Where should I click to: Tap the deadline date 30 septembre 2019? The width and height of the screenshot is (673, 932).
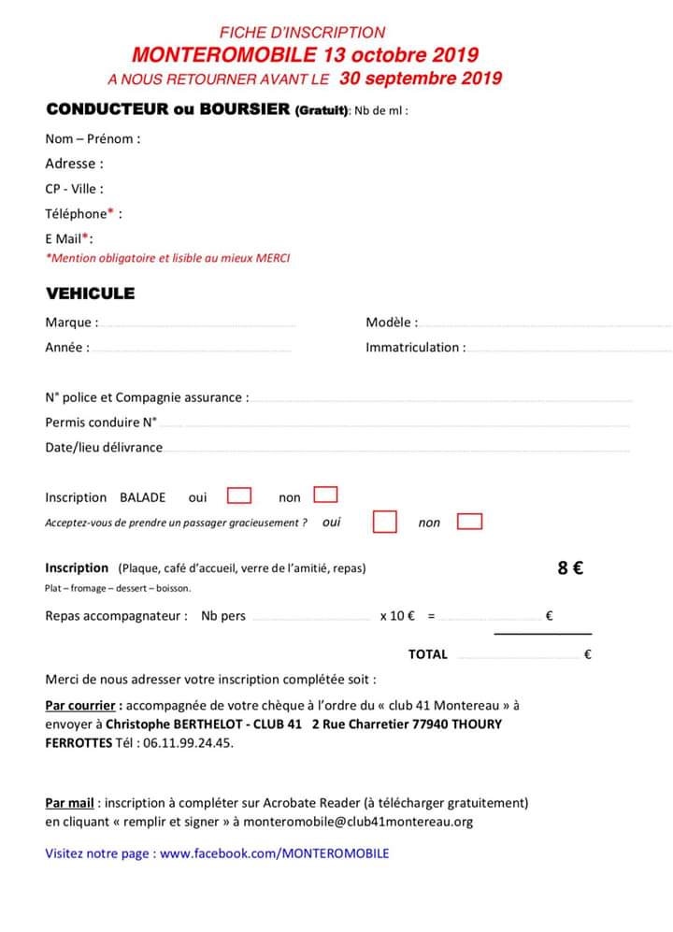[x=421, y=79]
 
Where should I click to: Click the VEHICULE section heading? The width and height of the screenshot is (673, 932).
[x=91, y=293]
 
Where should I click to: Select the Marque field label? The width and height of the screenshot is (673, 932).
[x=71, y=323]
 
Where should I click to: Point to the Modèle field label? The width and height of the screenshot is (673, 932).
[x=392, y=323]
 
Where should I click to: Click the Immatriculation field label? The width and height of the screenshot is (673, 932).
[x=415, y=348]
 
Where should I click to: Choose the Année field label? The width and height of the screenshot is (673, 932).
[x=67, y=348]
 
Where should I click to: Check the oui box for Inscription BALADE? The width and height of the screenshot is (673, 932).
[x=240, y=495]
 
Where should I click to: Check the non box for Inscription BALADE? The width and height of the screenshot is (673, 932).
[x=325, y=495]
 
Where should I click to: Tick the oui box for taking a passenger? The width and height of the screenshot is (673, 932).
[x=384, y=522]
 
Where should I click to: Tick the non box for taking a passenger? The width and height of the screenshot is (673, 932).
[x=470, y=522]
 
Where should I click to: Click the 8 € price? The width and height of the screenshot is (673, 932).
[x=570, y=567]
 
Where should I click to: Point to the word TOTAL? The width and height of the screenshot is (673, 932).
[x=428, y=654]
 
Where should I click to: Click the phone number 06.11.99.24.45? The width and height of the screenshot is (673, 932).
[x=186, y=743]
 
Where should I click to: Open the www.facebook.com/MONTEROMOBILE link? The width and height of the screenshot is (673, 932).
[x=275, y=853]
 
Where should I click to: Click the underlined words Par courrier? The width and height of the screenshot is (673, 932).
[x=83, y=705]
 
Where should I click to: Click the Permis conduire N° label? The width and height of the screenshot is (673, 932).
[x=101, y=423]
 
